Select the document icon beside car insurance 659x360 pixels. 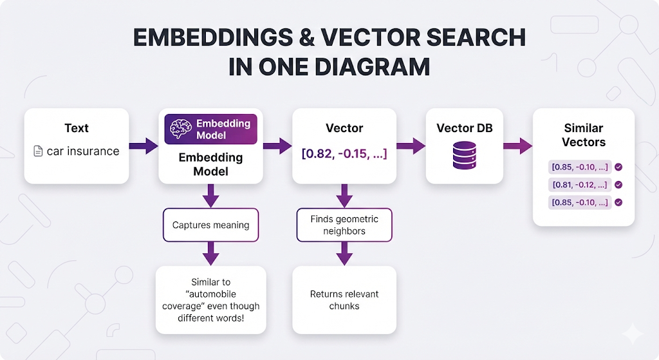click(x=38, y=151)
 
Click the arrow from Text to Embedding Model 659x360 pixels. click(x=144, y=146)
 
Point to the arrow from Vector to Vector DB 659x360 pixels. click(x=410, y=146)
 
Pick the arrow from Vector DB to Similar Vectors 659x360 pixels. click(x=517, y=146)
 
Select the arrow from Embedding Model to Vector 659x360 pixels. click(x=277, y=146)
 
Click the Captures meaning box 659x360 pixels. click(x=210, y=225)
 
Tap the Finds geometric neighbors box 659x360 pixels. click(x=344, y=225)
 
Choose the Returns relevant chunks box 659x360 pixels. click(x=344, y=299)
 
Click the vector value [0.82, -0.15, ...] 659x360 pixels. click(x=344, y=153)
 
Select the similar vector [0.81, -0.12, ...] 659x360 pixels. click(x=579, y=185)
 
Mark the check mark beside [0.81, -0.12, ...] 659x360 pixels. click(x=618, y=185)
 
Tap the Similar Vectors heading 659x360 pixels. click(x=584, y=135)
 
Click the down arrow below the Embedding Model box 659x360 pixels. click(x=210, y=194)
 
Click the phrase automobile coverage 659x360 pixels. click(x=210, y=299)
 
